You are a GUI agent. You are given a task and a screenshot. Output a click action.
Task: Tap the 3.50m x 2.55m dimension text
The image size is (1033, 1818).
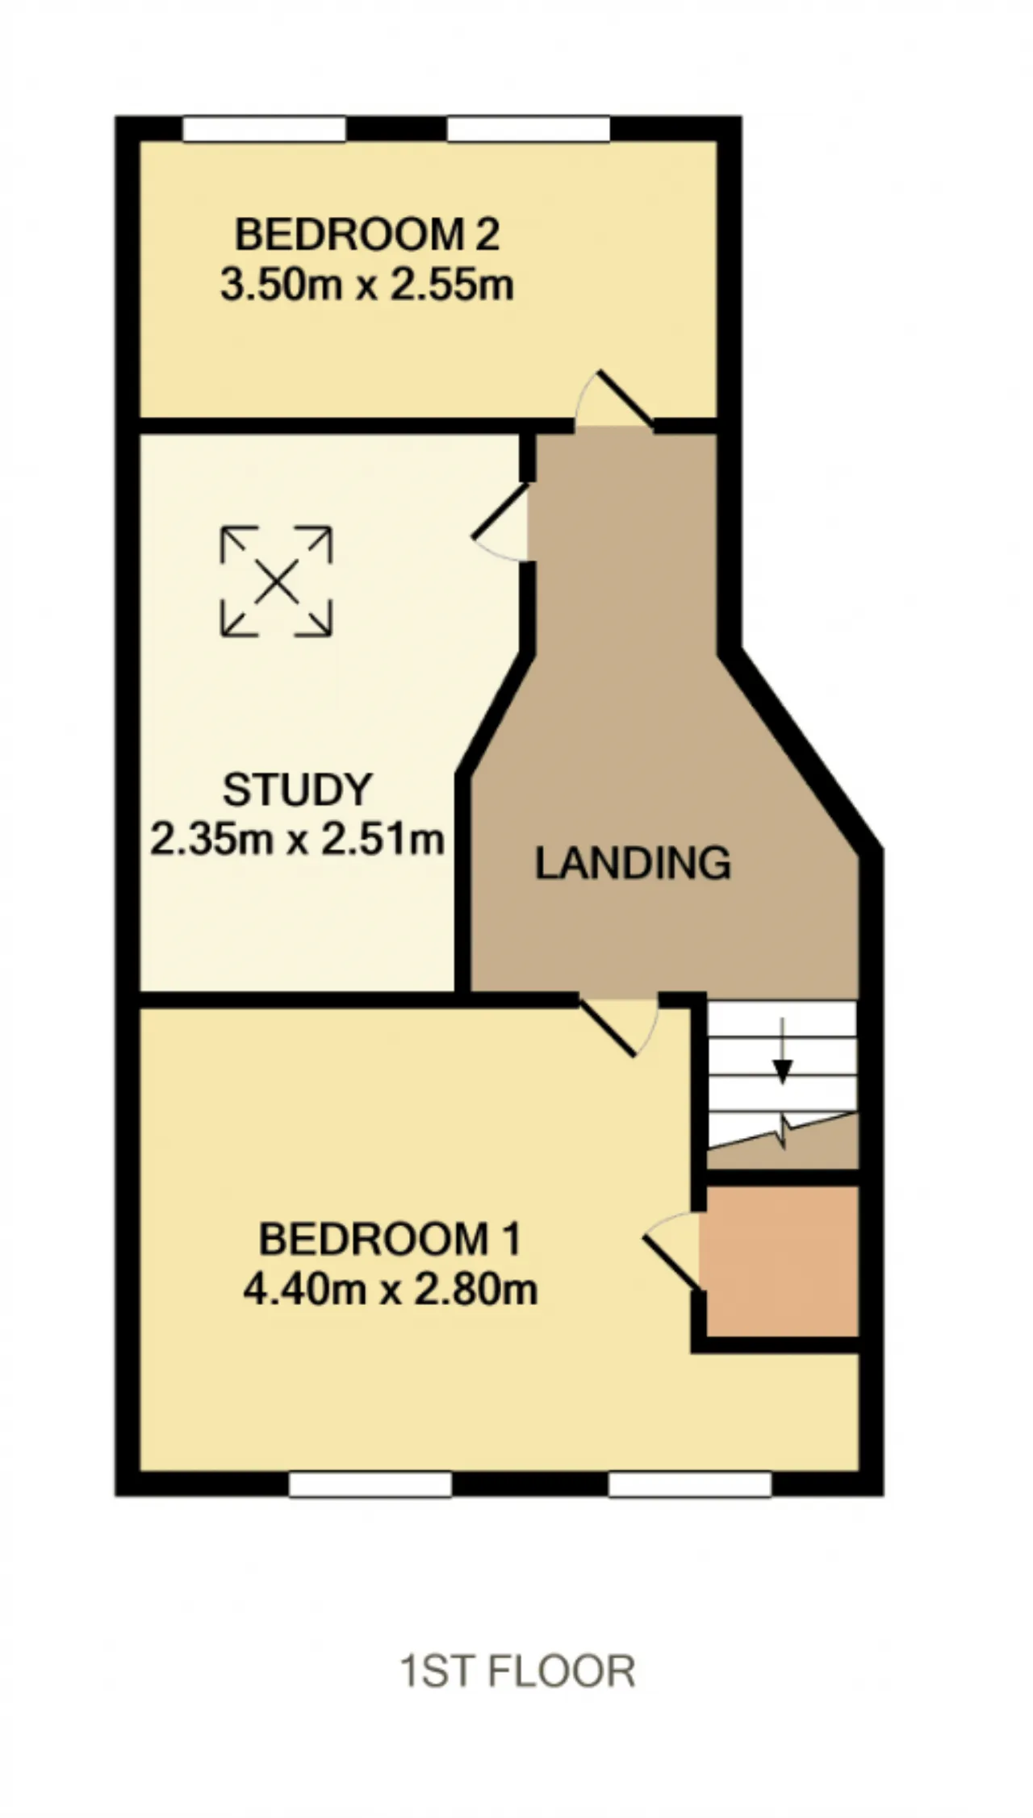367,286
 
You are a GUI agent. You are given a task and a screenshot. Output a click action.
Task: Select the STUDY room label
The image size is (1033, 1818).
297,790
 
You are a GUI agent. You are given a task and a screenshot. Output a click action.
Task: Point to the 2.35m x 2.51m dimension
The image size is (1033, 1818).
297,840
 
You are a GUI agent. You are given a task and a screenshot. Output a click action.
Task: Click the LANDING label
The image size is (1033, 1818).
634,863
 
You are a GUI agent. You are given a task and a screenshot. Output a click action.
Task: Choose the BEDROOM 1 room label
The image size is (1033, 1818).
390,1239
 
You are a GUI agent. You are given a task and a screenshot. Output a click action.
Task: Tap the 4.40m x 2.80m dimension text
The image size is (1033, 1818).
390,1290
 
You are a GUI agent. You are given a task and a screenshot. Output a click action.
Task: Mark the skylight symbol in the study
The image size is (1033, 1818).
276,581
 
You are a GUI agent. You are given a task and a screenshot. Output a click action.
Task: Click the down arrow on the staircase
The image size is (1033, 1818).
782,1049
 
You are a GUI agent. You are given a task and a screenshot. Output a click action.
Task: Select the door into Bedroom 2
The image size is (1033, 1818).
615,399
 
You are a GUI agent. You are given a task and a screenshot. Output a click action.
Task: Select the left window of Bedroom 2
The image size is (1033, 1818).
264,129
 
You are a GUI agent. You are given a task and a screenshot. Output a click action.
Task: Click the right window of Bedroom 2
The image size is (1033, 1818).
529,129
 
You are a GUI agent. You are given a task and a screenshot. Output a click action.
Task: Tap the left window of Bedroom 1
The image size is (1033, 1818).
370,1484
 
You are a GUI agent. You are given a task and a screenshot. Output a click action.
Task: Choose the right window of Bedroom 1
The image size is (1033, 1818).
690,1484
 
